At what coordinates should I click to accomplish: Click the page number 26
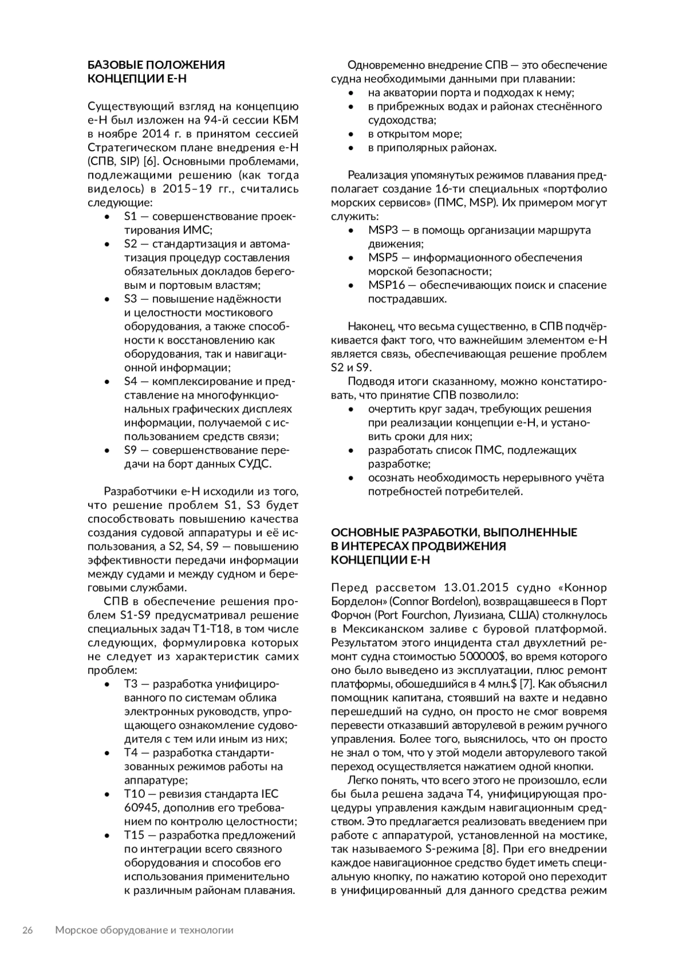tap(27, 930)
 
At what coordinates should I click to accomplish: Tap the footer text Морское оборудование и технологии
tap(144, 930)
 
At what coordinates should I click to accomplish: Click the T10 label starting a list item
tap(135, 794)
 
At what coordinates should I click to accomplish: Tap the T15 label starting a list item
tap(135, 835)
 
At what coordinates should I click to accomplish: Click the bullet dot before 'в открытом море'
tap(353, 134)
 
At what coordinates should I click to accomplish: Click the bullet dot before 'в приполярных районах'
tap(353, 148)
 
